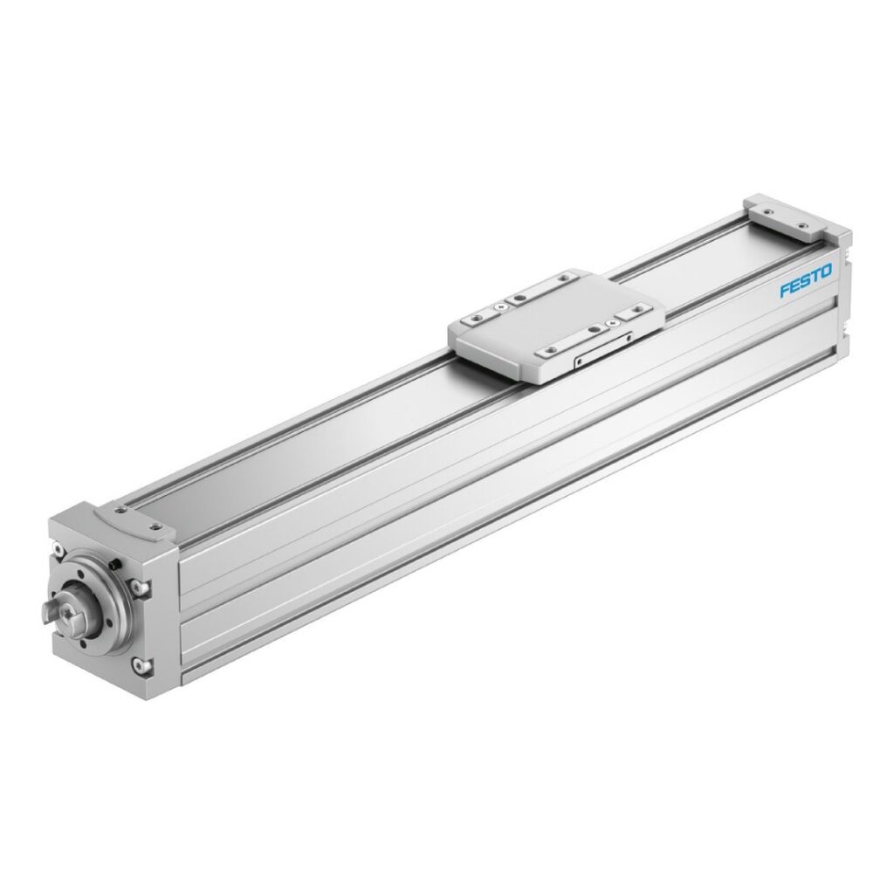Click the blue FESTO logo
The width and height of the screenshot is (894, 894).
tap(805, 286)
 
